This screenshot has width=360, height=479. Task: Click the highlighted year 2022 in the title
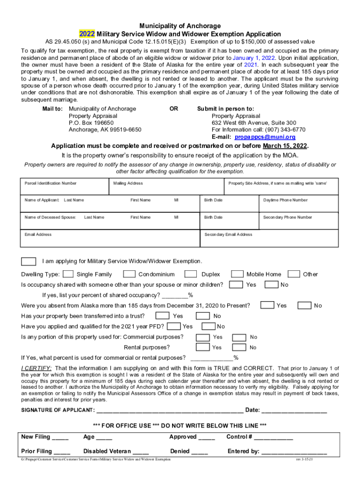click(86, 34)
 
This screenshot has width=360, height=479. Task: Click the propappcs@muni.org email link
click(265, 137)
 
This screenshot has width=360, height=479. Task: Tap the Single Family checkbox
click(68, 274)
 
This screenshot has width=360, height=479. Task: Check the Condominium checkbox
click(130, 274)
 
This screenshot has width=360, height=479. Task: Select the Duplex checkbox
click(190, 274)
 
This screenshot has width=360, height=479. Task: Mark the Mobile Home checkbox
click(238, 274)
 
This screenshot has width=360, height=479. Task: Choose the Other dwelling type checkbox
click(294, 274)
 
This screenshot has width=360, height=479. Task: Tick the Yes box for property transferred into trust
click(162, 316)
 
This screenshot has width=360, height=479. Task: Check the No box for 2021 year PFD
click(208, 326)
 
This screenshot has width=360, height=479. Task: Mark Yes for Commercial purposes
click(202, 337)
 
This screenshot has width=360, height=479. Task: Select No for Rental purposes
click(239, 347)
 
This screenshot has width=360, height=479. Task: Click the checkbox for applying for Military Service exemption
click(29, 261)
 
